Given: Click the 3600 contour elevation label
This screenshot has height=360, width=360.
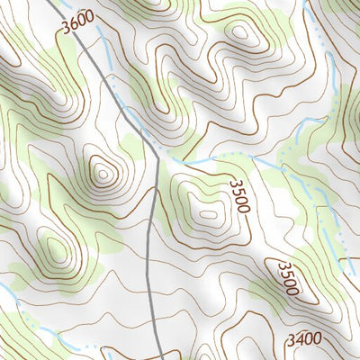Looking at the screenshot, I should click(78, 28).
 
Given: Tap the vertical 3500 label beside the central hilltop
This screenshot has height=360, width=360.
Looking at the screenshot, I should click(238, 196).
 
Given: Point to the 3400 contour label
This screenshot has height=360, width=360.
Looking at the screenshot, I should click(304, 340).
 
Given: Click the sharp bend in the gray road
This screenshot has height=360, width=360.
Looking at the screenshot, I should click(157, 160).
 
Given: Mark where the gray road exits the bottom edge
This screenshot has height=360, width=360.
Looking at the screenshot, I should click(158, 358).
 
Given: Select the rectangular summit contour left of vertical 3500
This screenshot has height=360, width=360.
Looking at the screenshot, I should click(208, 213).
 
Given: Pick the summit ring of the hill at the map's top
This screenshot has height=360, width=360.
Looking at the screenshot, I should click(241, 32).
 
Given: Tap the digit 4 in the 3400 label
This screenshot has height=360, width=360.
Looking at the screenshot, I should click(299, 340).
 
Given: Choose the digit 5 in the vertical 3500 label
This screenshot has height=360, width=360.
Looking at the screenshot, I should click(238, 191).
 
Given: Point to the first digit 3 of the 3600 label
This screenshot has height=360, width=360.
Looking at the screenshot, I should click(67, 32).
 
